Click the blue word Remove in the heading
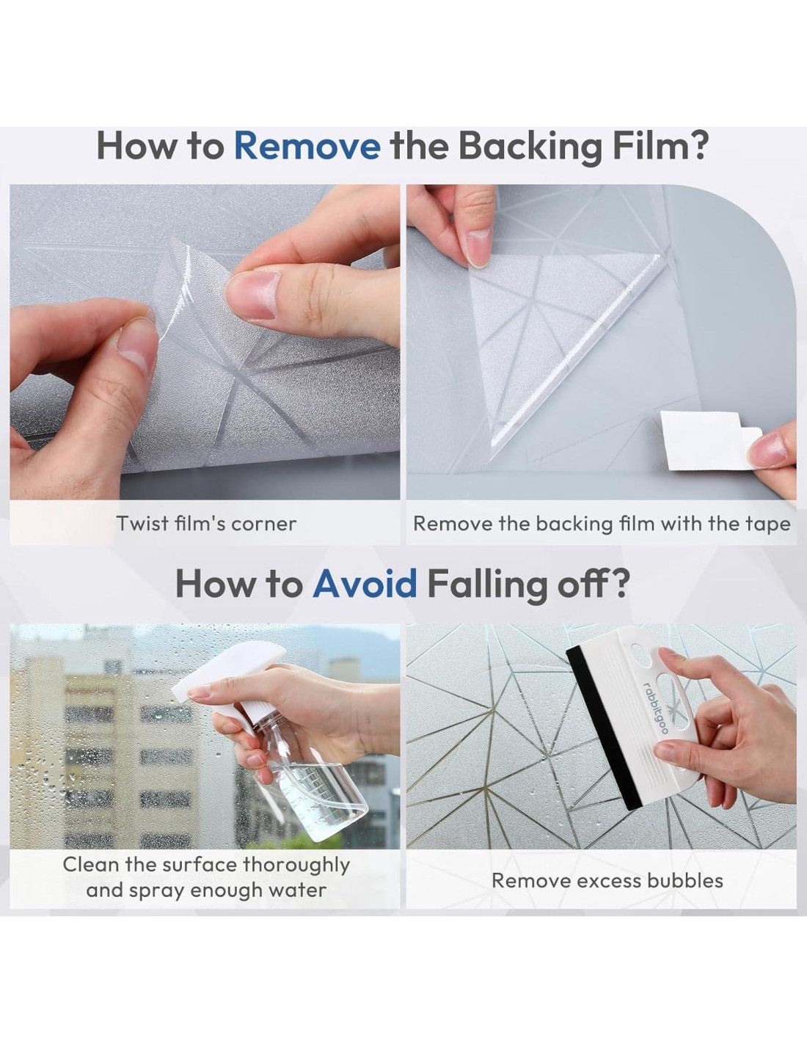click(307, 145)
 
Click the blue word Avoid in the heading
click(365, 583)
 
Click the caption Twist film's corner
click(206, 523)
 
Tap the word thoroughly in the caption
click(296, 865)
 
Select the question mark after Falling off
click(618, 583)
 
